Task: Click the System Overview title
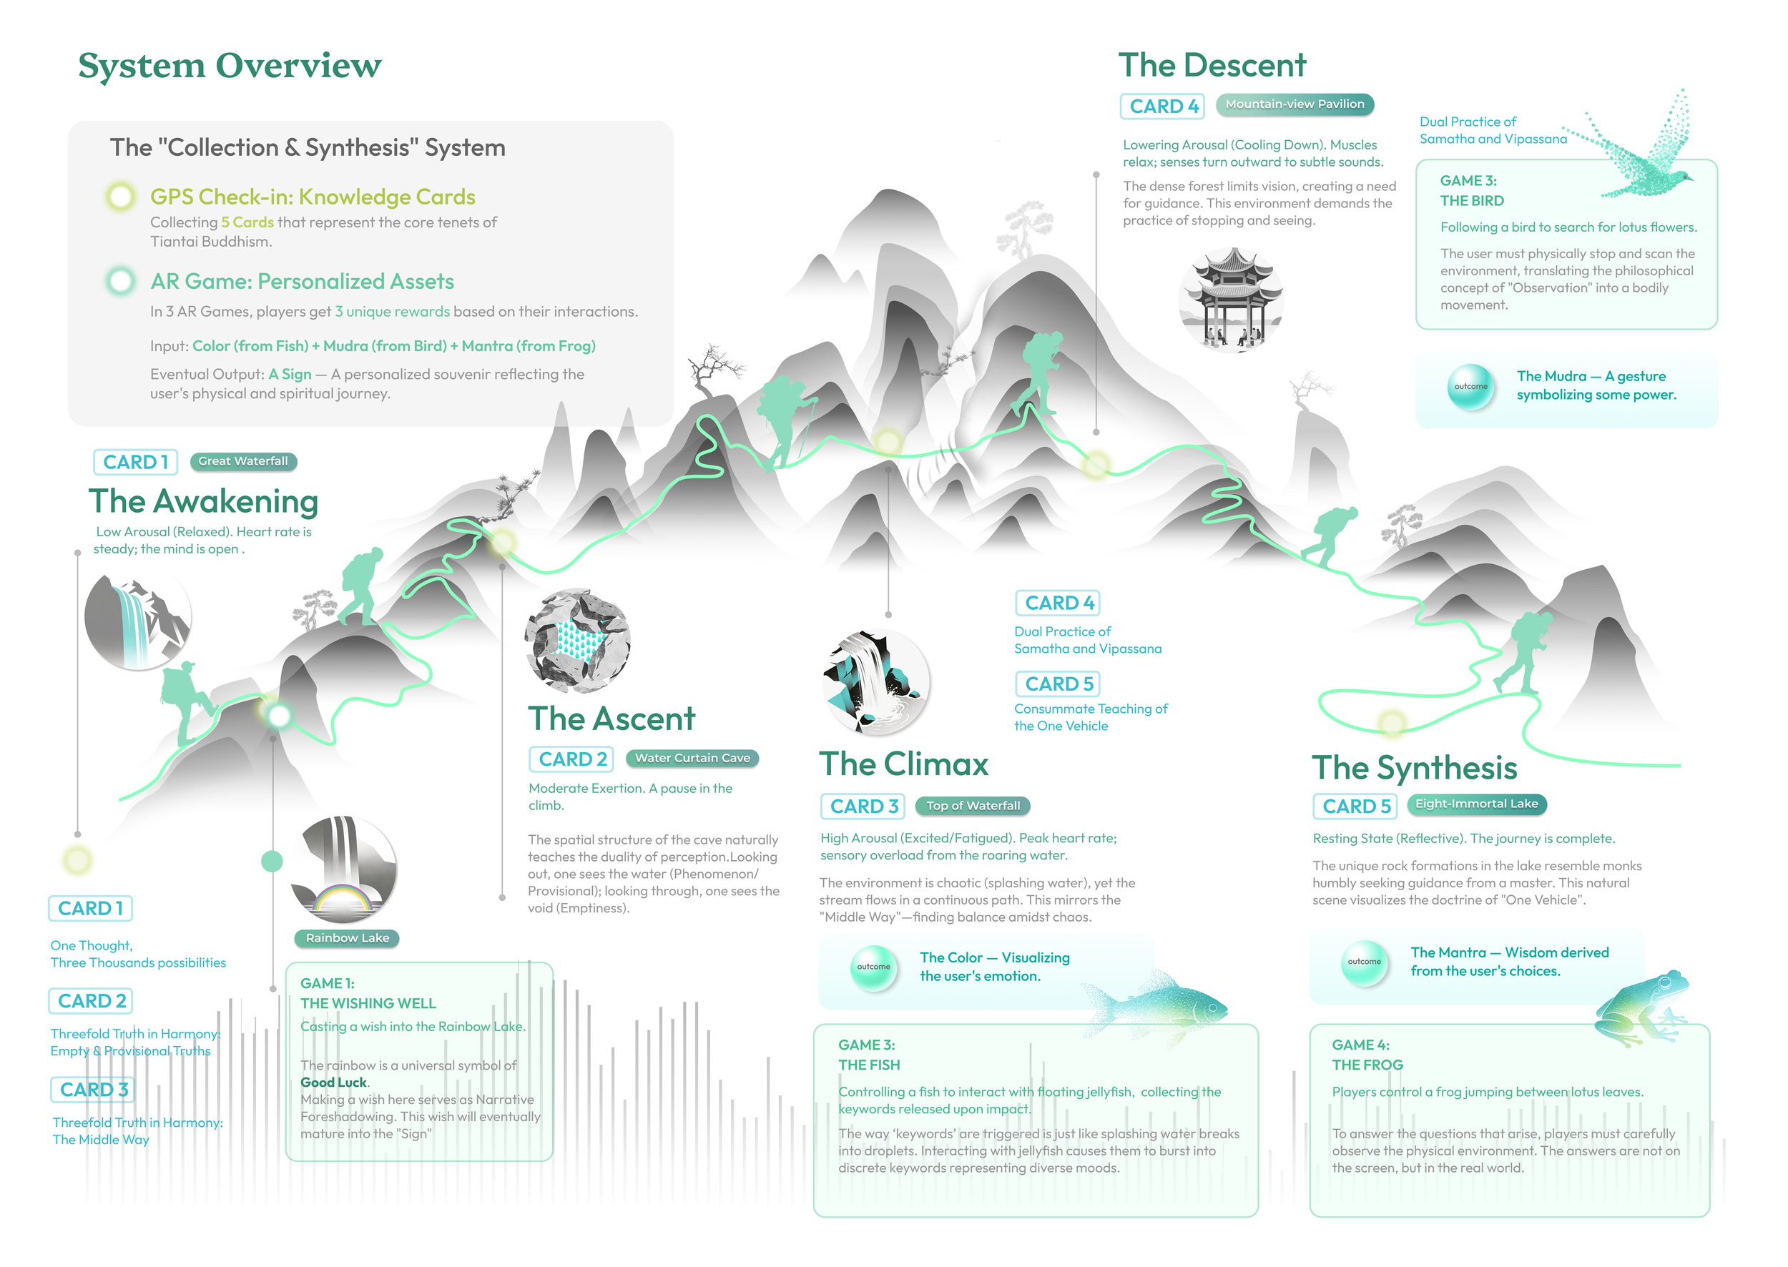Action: pos(230,66)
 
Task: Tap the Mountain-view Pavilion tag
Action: pos(1294,104)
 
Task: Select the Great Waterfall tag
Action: pos(242,461)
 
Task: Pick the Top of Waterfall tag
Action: pos(973,805)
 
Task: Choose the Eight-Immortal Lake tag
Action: pos(1476,804)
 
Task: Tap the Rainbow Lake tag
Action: pos(348,938)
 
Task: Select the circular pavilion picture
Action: pos(1230,300)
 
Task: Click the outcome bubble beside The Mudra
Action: pos(1470,386)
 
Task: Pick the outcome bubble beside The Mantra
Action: pos(1363,962)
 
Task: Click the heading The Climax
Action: pos(903,764)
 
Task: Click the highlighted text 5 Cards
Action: pos(247,222)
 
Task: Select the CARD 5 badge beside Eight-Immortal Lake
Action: pos(1355,806)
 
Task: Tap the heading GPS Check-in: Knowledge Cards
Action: pos(312,197)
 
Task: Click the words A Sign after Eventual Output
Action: pos(290,375)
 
